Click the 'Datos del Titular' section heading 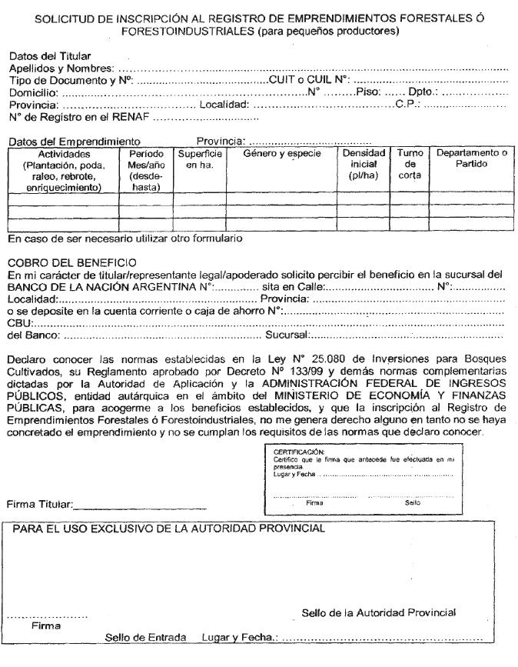tap(49, 56)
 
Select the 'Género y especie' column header tap(282, 153)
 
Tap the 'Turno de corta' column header tap(410, 164)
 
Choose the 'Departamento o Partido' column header tap(472, 158)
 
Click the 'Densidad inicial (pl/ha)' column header tap(362, 164)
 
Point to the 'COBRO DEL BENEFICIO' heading tap(71, 263)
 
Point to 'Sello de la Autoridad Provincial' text tap(379, 613)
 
